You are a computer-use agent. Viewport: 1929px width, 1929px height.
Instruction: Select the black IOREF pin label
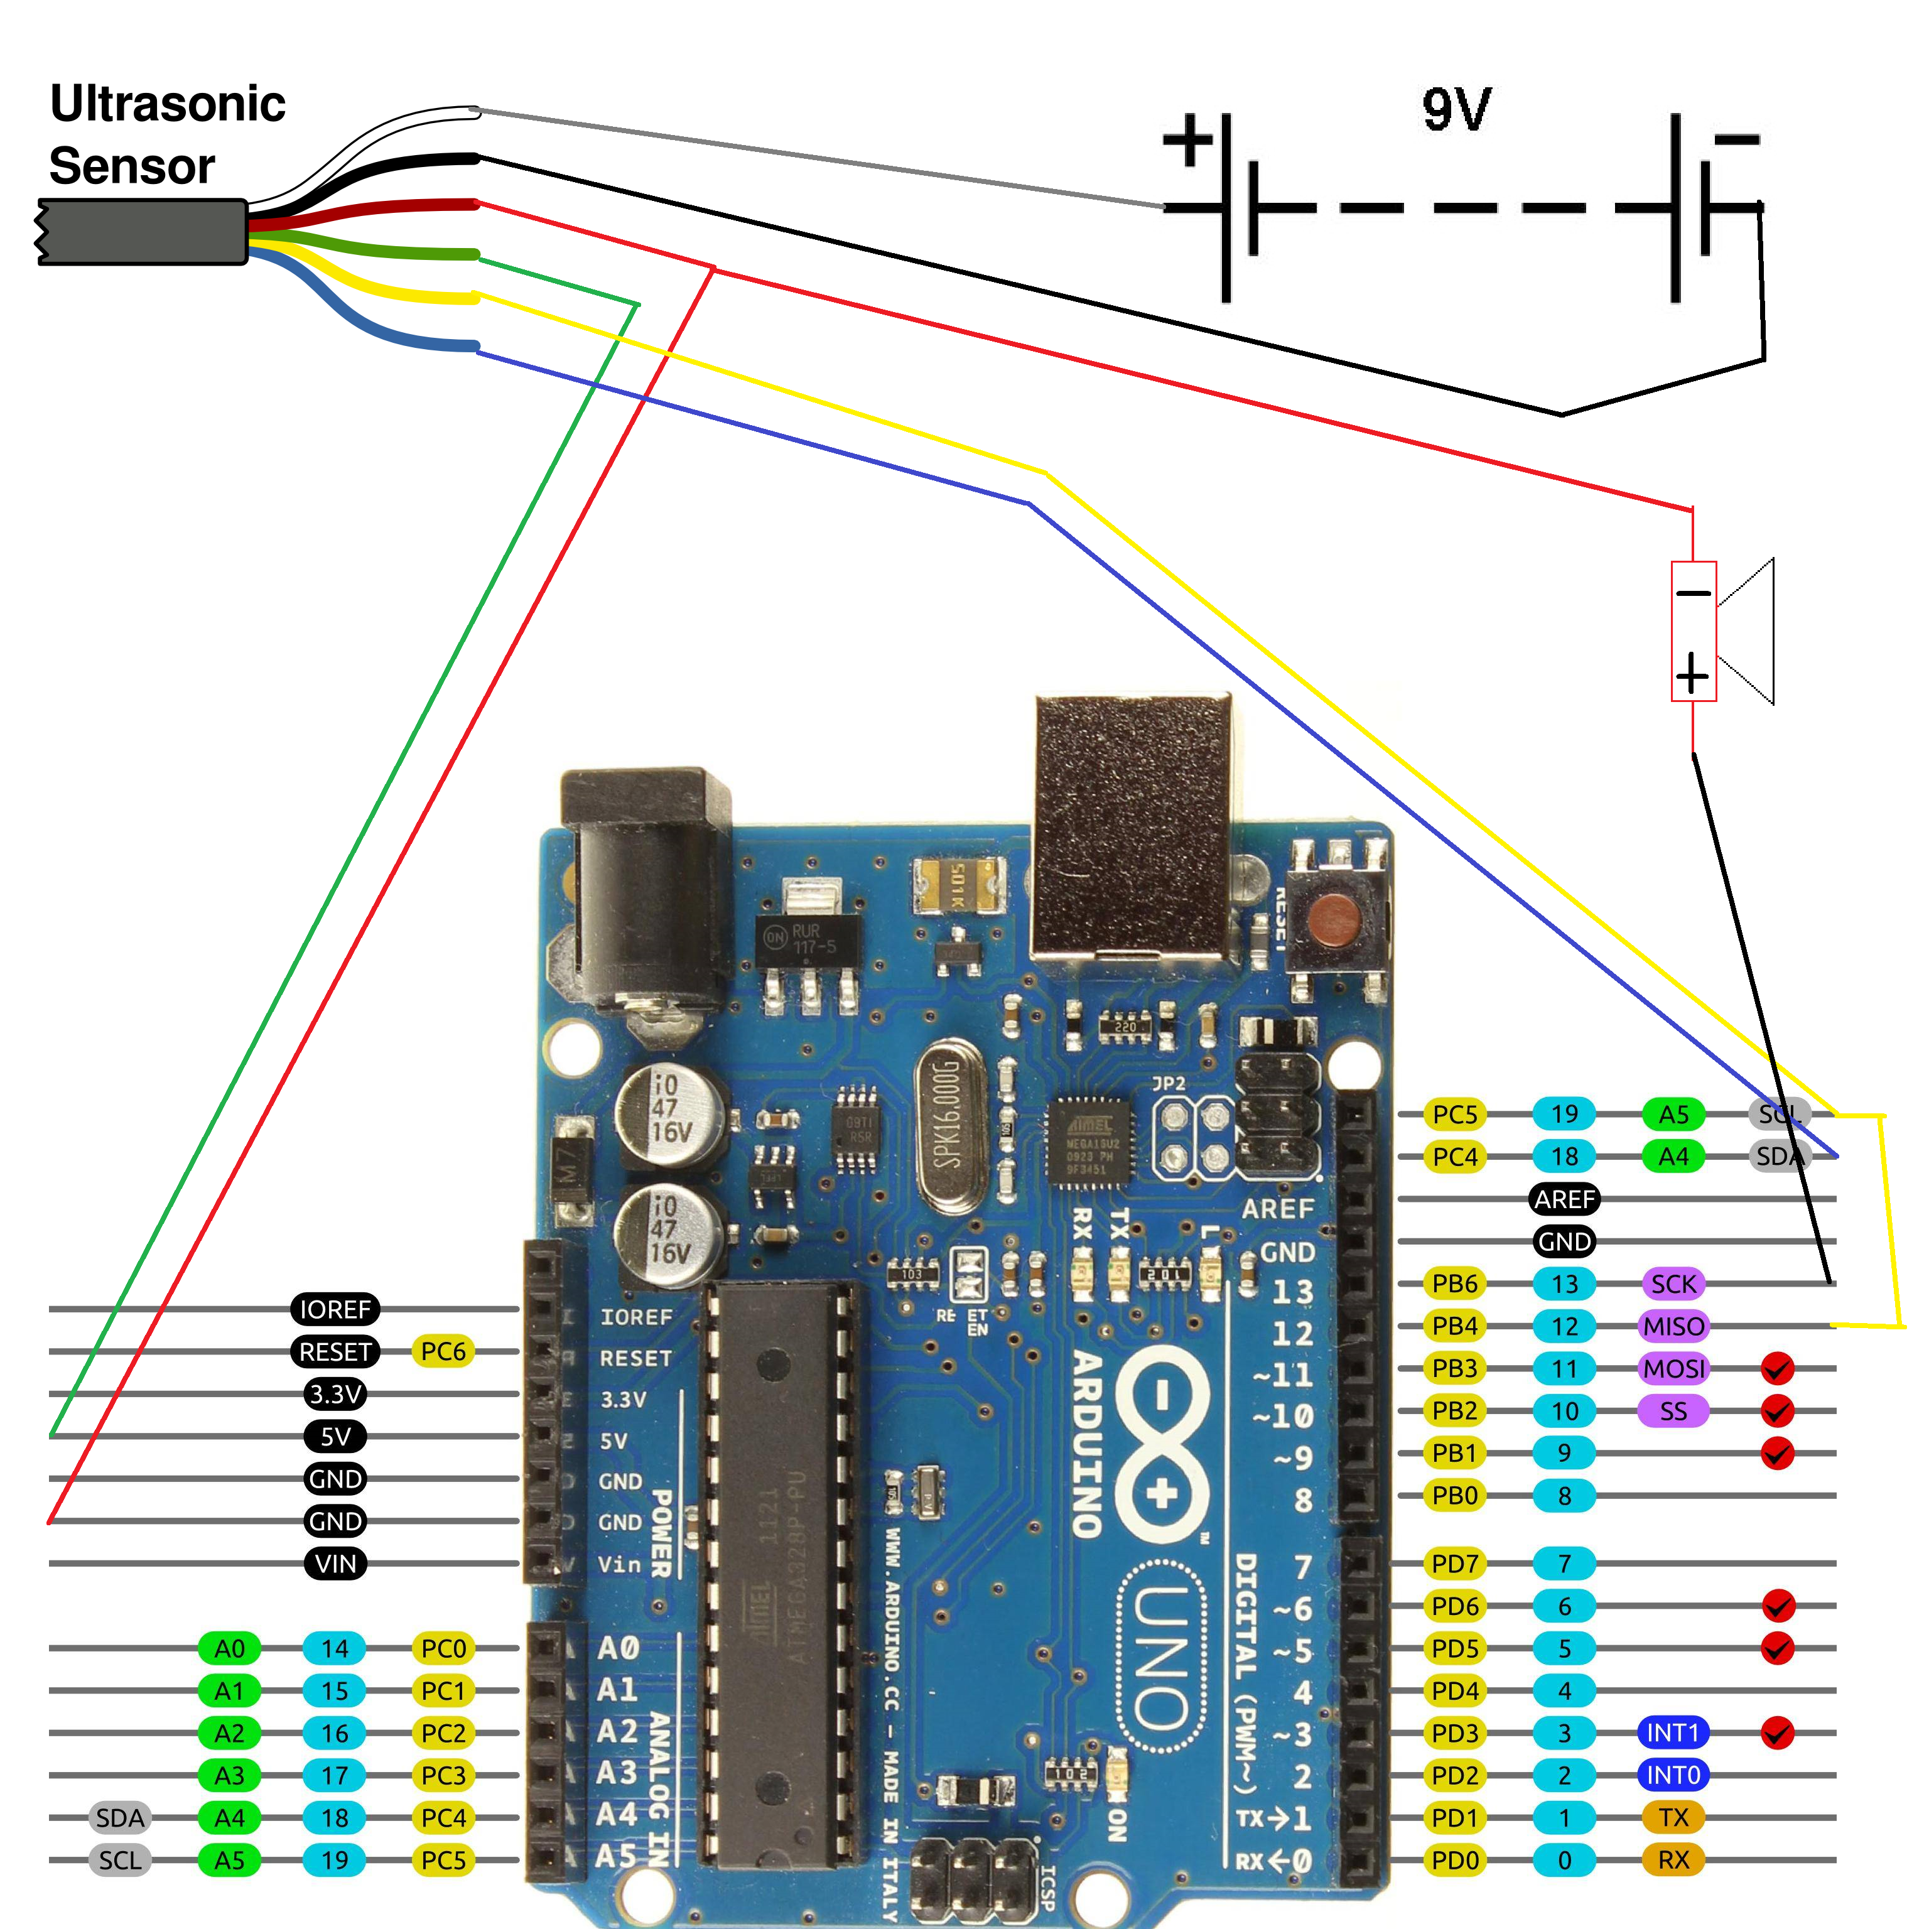(335, 1309)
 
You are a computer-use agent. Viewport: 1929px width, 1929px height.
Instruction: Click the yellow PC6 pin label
(443, 1352)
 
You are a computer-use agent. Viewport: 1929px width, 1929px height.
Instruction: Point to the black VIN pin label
(335, 1564)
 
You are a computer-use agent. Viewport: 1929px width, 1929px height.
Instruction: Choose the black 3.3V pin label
(335, 1394)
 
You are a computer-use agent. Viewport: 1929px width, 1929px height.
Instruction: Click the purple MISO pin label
(1673, 1327)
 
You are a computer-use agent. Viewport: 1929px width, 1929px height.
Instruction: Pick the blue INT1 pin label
(1673, 1733)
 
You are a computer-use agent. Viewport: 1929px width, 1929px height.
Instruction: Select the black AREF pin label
(1565, 1199)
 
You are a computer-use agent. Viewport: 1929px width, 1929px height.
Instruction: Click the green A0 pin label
(230, 1648)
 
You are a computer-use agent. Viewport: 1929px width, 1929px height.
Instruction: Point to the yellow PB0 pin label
(1455, 1496)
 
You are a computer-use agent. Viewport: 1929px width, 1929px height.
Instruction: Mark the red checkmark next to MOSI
(1777, 1369)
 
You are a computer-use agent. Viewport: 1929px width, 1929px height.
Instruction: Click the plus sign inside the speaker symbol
(1692, 675)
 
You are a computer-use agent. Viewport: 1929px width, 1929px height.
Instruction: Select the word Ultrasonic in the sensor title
(168, 104)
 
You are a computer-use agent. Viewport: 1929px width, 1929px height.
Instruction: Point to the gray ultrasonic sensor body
(143, 232)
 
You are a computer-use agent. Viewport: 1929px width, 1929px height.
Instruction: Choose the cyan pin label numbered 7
(1565, 1564)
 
